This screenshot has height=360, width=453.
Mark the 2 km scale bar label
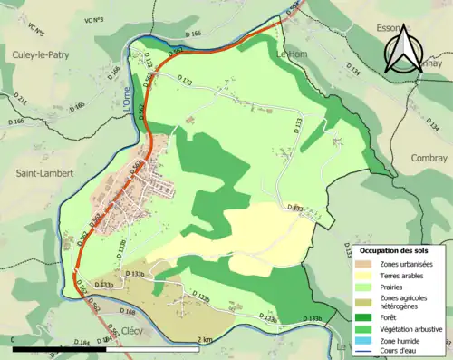coord(205,340)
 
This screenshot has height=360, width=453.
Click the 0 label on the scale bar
coord(13,340)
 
